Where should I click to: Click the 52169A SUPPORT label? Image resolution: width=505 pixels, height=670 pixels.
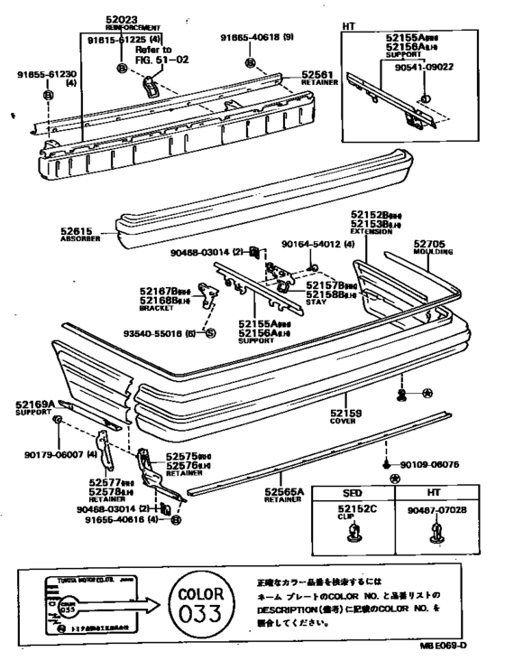(x=34, y=410)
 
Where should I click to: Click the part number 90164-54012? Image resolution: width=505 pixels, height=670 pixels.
(x=324, y=243)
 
